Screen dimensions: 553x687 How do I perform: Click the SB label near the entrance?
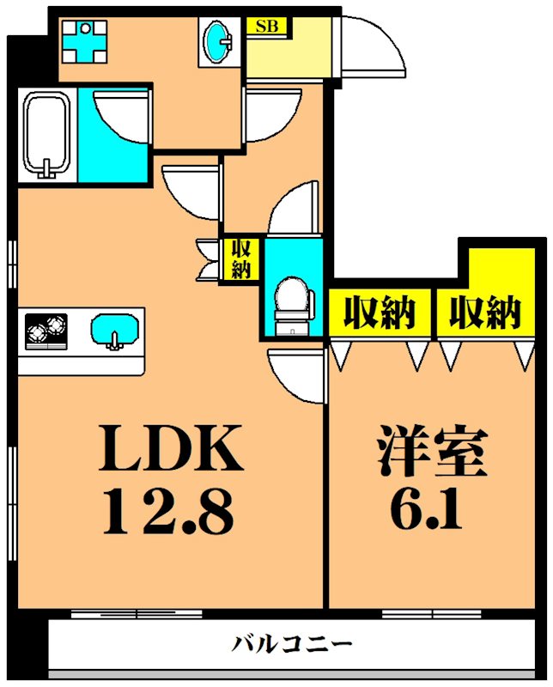tap(266, 26)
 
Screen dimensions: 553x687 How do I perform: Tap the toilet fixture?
tap(294, 306)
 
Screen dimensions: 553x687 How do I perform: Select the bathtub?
tap(47, 134)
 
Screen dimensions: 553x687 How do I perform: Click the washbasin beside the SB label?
tap(218, 41)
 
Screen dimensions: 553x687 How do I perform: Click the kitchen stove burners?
tap(46, 331)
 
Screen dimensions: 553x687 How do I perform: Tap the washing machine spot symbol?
tap(84, 41)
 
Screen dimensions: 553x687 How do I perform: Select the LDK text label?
tap(171, 448)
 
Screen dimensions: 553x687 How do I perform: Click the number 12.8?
tap(167, 511)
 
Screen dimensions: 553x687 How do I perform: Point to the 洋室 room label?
tap(432, 450)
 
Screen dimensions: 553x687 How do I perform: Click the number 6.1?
tap(426, 508)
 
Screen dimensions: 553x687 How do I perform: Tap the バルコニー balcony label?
tap(291, 644)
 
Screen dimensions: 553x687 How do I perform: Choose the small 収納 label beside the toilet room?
tap(241, 259)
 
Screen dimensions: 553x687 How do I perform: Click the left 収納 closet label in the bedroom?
tap(380, 313)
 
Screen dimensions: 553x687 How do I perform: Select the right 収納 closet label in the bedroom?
tap(485, 313)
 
